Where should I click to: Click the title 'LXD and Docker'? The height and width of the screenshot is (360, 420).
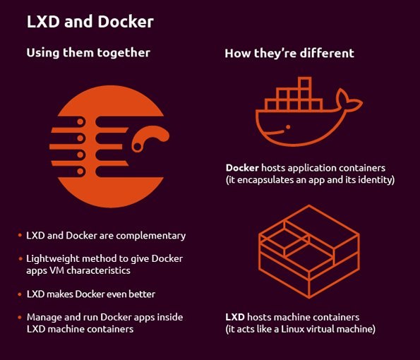point(90,22)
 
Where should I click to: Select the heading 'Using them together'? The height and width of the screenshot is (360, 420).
point(88,53)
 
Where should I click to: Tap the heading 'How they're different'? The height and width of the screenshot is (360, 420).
point(289,53)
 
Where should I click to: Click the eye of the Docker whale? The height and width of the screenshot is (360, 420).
point(288,127)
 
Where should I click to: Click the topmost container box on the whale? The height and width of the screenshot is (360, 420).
point(305,83)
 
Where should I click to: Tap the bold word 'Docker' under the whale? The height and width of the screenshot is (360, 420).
point(242,168)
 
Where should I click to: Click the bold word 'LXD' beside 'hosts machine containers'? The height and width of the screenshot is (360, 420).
point(235,317)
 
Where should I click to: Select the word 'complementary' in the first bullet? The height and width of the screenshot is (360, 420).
point(151,236)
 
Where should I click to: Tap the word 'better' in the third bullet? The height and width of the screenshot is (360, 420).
point(142,294)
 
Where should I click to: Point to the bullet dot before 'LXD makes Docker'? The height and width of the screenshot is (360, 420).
point(20,294)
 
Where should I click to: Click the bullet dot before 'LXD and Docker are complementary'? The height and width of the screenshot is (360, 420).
point(20,236)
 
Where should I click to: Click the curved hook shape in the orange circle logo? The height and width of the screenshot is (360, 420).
point(150,138)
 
